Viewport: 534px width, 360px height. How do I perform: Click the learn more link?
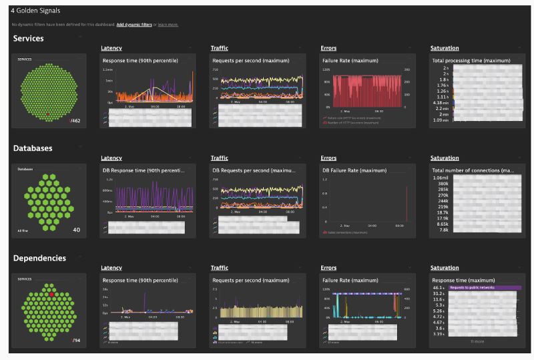click(x=168, y=25)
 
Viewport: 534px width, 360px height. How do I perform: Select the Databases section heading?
click(x=32, y=148)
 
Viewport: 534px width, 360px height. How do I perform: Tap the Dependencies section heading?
click(x=39, y=257)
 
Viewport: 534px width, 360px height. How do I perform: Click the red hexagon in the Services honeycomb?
click(x=47, y=114)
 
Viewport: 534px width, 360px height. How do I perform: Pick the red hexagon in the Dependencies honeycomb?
click(x=51, y=294)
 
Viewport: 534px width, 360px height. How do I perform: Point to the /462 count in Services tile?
click(x=75, y=121)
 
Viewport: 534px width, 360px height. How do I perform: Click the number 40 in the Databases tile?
click(x=76, y=230)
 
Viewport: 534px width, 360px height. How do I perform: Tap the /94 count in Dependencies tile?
click(x=76, y=340)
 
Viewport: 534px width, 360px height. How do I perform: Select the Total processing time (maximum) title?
click(x=467, y=61)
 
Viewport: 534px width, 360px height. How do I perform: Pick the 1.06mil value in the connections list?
click(x=440, y=178)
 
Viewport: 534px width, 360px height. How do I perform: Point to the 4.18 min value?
click(x=439, y=102)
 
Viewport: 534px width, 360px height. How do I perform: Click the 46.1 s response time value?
click(x=439, y=287)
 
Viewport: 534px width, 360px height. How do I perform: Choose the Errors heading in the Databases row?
click(x=328, y=158)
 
